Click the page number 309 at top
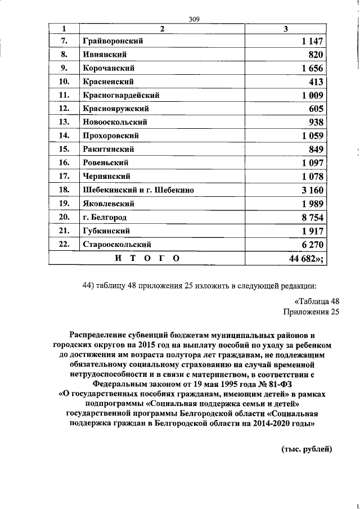(x=195, y=19)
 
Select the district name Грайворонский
(x=112, y=40)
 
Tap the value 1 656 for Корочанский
(x=312, y=68)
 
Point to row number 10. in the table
(x=64, y=82)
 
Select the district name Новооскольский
(x=115, y=122)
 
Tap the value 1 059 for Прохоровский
(x=312, y=136)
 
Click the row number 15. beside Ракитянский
(x=64, y=149)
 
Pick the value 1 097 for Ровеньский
(x=312, y=163)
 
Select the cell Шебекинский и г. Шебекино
(x=138, y=190)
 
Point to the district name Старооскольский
(x=117, y=245)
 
